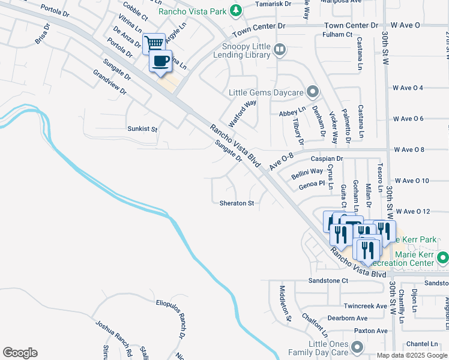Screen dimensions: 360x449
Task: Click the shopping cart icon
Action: (x=154, y=43)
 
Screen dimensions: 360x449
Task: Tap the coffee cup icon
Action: (x=160, y=61)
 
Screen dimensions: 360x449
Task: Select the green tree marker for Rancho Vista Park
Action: (x=237, y=10)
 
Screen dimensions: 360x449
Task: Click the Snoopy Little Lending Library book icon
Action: (x=279, y=50)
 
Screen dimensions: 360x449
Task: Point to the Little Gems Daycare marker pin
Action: (x=312, y=92)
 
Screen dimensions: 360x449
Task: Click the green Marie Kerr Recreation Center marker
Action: (x=443, y=258)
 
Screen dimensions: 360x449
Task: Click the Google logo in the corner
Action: (x=20, y=353)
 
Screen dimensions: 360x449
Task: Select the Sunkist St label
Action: (x=142, y=129)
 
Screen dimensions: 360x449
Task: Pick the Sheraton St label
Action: (x=237, y=203)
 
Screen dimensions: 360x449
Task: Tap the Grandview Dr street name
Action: (x=110, y=83)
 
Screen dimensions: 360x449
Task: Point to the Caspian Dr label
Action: (x=327, y=159)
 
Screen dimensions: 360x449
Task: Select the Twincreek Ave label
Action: (x=366, y=306)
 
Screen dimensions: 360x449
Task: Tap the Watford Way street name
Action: (x=242, y=111)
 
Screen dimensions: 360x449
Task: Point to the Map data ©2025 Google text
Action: (x=412, y=355)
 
